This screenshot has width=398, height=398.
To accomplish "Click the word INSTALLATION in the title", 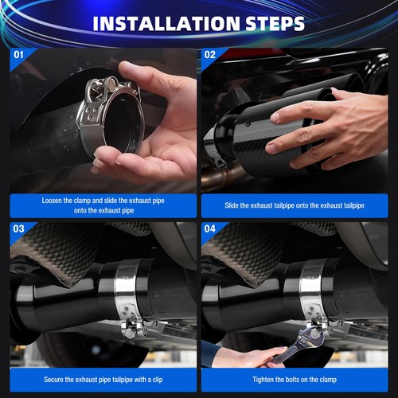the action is (166, 24).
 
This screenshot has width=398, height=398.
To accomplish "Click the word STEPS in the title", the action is (275, 24).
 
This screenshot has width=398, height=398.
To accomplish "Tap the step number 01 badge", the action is (18, 55).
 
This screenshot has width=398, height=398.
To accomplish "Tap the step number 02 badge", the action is (210, 55).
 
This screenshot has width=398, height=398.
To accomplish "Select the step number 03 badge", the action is (18, 228).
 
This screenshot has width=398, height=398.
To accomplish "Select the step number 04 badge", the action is (210, 228).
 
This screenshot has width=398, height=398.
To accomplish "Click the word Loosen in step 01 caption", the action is (52, 201).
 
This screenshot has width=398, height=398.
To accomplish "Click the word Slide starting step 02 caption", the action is (232, 205).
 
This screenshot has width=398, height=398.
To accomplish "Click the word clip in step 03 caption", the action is (158, 380).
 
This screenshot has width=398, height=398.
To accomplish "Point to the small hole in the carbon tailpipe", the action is (248, 123).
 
